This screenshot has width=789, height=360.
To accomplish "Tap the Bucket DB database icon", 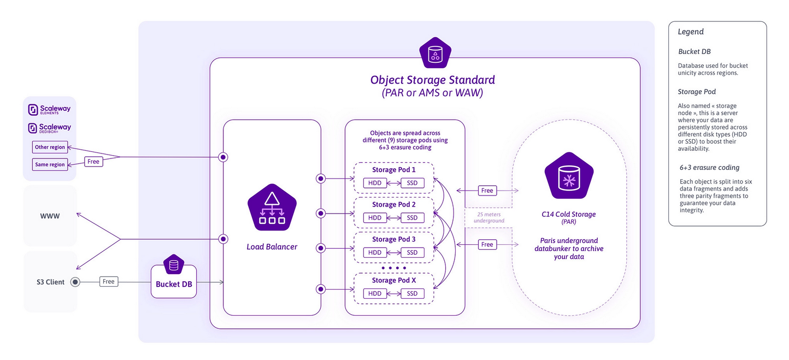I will tap(174, 266).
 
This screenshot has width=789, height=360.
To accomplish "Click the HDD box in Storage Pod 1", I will tap(375, 183).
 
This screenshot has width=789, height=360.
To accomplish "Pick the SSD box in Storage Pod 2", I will tap(412, 218).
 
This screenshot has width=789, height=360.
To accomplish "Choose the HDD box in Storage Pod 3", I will tap(375, 252).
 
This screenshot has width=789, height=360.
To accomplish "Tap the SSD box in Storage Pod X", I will tap(412, 293).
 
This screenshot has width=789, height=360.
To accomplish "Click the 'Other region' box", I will tap(50, 147).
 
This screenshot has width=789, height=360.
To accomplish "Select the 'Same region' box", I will tap(50, 164).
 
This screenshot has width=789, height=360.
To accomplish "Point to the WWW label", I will tap(50, 216).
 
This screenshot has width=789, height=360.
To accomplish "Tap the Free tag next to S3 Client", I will tap(109, 281).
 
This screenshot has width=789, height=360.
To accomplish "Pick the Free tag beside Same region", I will tap(93, 162).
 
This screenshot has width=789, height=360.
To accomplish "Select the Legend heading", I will tap(691, 32).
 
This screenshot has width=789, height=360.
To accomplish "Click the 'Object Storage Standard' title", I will tap(432, 80).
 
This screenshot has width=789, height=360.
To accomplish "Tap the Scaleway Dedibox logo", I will tap(49, 128).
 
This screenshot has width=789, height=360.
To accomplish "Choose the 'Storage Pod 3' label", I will tap(393, 239).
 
